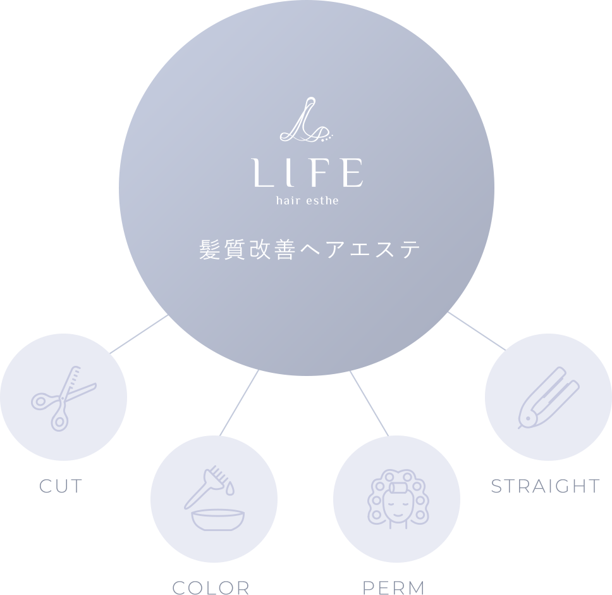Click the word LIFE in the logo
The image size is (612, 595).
tap(307, 172)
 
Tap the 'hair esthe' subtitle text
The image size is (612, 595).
tap(307, 201)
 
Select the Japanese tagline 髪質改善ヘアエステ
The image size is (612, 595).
tap(310, 249)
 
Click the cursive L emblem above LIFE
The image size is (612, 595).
tap(306, 120)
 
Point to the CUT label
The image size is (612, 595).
tap(61, 486)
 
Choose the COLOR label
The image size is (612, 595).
tap(211, 587)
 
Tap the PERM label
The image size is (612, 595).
tap(393, 587)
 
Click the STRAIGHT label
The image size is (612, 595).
tap(545, 486)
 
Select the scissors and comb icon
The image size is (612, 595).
tap(64, 399)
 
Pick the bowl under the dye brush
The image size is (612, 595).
tap(217, 520)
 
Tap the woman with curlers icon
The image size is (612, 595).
tap(398, 499)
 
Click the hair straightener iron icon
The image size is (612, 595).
tap(549, 398)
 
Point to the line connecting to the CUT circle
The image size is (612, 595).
tap(139, 334)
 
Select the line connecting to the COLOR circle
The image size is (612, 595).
tap(239, 403)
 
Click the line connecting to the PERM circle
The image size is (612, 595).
tap(369, 403)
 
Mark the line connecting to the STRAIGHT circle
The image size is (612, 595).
tap(477, 331)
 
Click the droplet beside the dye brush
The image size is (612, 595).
tap(230, 489)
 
